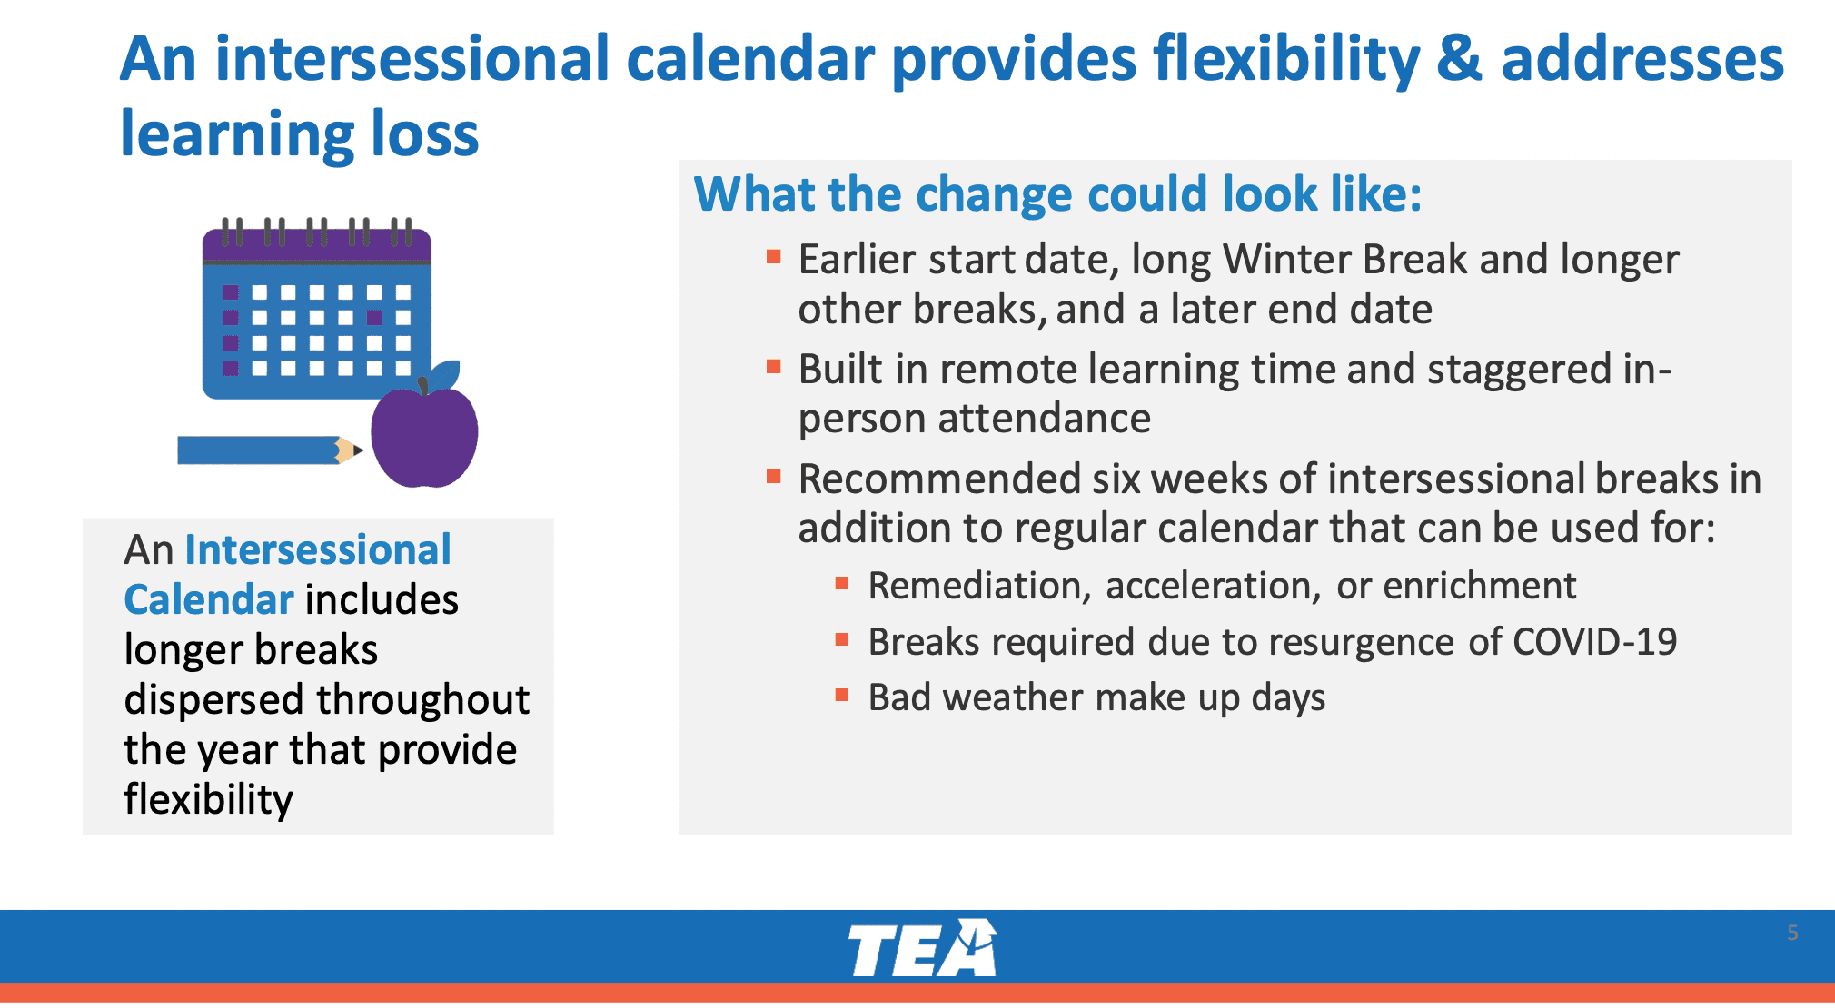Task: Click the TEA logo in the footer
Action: click(x=922, y=948)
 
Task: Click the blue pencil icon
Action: click(x=270, y=450)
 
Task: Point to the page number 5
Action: click(x=1792, y=933)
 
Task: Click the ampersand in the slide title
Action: click(x=1460, y=59)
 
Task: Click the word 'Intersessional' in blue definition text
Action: click(x=318, y=549)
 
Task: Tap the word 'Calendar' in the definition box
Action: click(x=209, y=599)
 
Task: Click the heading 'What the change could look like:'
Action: click(x=1057, y=193)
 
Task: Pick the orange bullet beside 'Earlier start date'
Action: click(x=774, y=257)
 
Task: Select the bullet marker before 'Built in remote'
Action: click(x=774, y=367)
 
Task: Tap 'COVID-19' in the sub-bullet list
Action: click(x=1594, y=642)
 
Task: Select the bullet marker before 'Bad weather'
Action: click(x=842, y=696)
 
